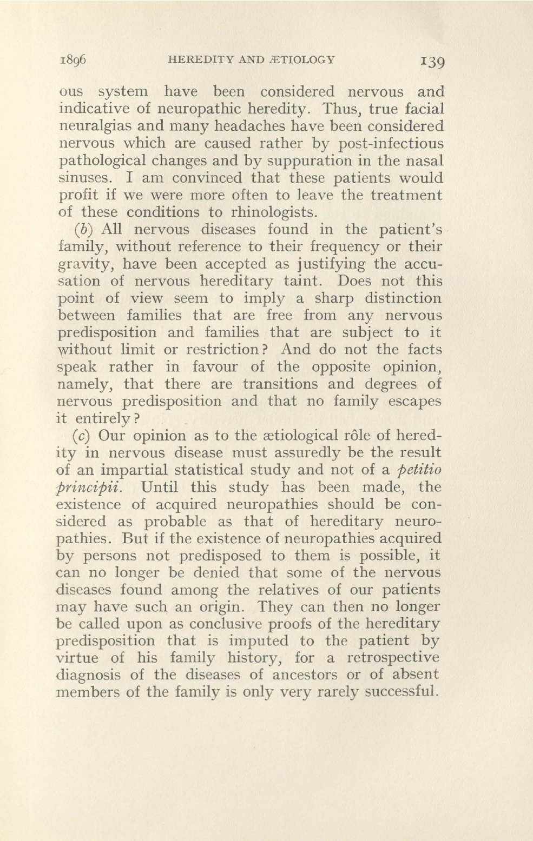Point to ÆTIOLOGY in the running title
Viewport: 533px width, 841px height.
[306, 60]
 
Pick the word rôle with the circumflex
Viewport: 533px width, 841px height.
[353, 436]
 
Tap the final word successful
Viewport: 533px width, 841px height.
[398, 692]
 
